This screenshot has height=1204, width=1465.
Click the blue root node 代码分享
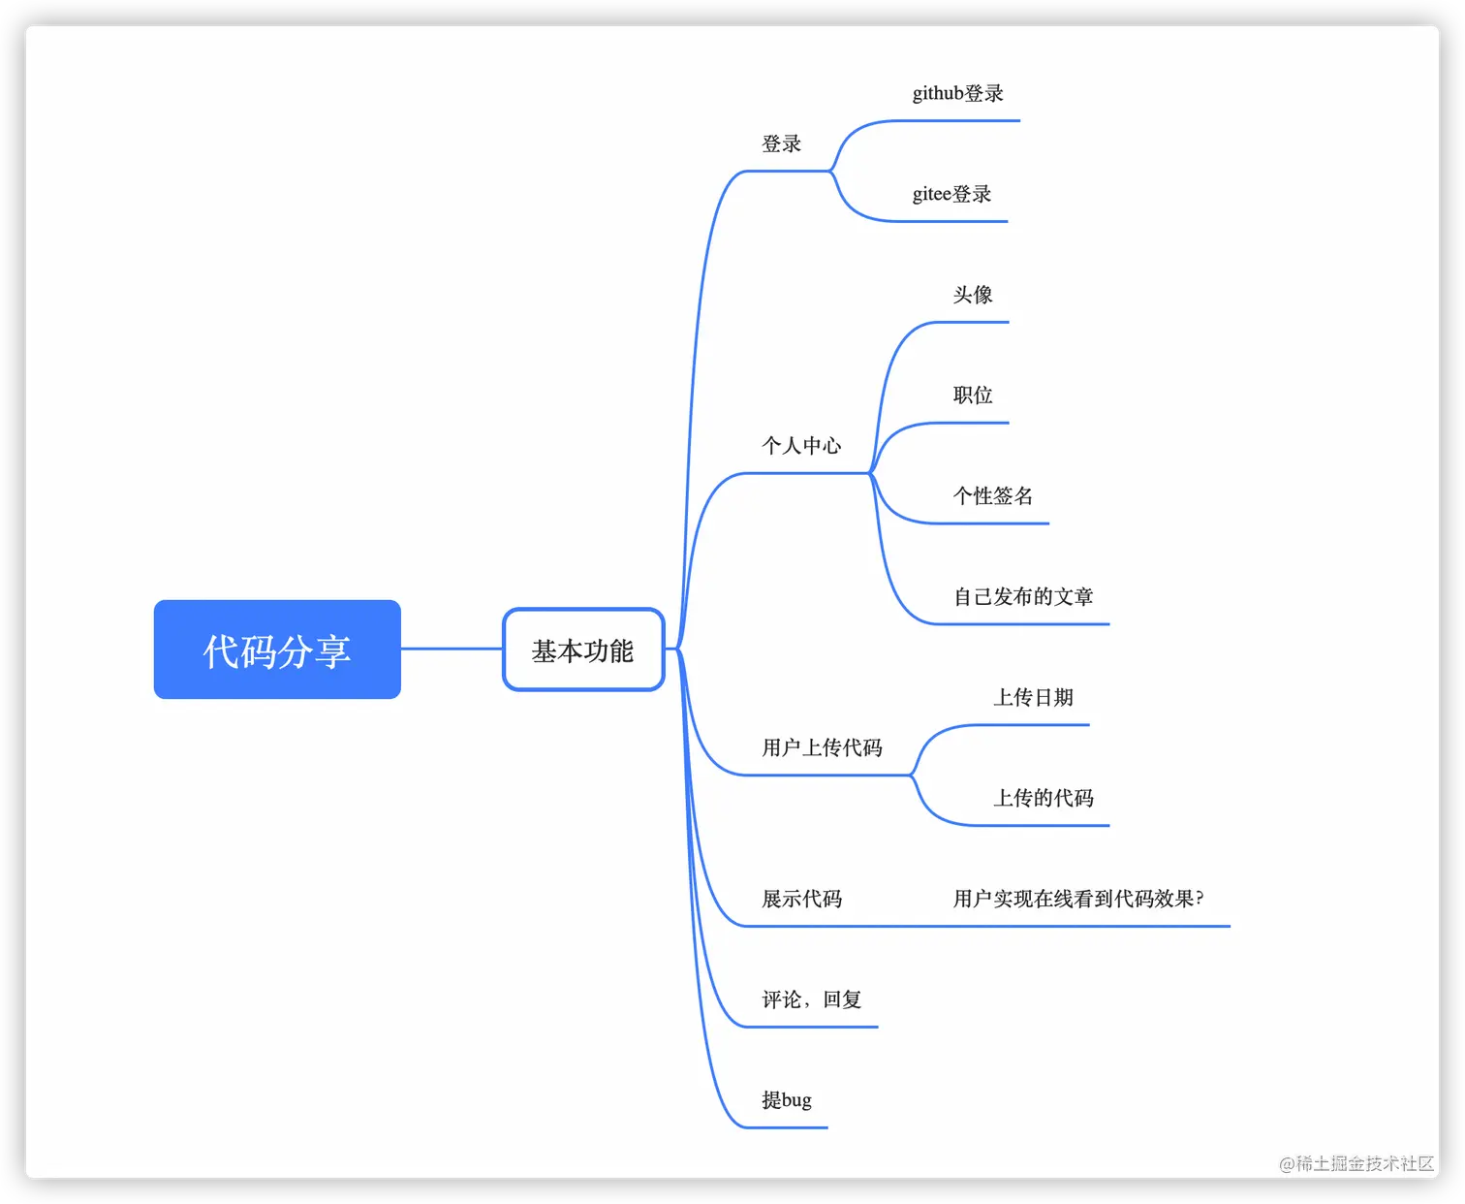[277, 650]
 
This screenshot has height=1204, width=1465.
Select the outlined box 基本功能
[582, 650]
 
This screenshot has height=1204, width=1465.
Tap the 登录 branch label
[782, 144]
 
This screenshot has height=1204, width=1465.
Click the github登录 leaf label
[958, 94]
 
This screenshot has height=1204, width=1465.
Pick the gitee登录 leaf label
[952, 195]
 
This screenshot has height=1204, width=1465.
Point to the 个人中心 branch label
[801, 446]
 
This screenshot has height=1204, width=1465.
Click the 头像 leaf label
[973, 295]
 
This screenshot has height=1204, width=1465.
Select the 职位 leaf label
[973, 396]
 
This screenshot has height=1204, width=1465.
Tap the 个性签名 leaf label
[993, 496]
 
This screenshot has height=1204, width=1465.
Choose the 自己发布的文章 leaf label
[1023, 597]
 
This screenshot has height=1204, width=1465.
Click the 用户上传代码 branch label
[822, 748]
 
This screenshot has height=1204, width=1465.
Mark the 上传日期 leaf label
[1034, 698]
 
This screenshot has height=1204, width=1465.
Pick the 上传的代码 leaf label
[1044, 799]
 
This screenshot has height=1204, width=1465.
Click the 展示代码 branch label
[801, 900]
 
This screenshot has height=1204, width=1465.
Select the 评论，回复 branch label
[811, 1000]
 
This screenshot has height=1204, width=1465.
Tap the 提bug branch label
[787, 1101]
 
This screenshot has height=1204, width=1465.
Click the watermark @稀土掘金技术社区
[1356, 1163]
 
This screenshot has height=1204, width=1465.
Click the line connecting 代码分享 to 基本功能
[452, 649]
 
